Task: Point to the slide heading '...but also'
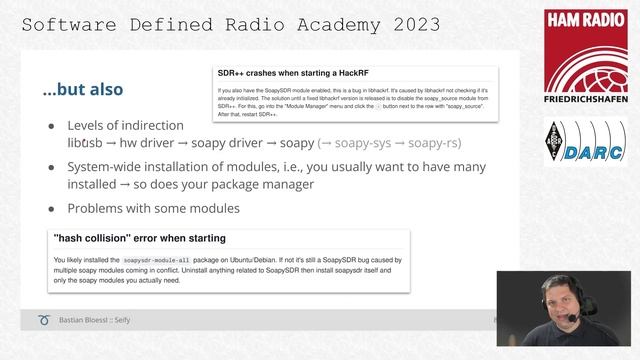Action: pyautogui.click(x=83, y=89)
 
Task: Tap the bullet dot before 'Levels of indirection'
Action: pyautogui.click(x=52, y=126)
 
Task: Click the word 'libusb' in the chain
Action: pyautogui.click(x=88, y=144)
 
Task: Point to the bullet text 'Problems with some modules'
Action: pyautogui.click(x=153, y=208)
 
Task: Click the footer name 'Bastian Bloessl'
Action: pyautogui.click(x=100, y=320)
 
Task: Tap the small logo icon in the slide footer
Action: pyautogui.click(x=44, y=320)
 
